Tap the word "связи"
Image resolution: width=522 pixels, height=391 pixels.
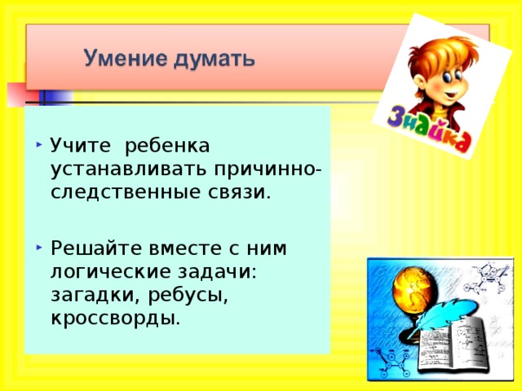tap(241, 193)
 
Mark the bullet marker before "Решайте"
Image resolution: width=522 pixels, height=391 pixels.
tap(40, 246)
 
